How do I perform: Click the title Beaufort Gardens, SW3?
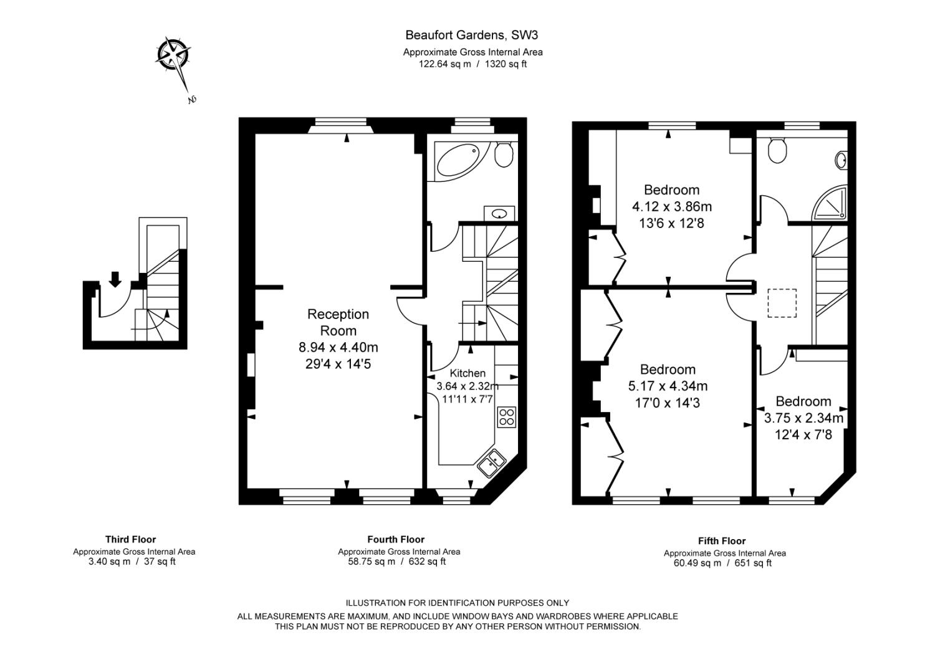(x=472, y=35)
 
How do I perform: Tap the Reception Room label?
(x=338, y=322)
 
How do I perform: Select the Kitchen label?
(x=467, y=373)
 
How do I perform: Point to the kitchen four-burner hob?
(x=507, y=416)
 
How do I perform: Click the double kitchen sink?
(x=492, y=462)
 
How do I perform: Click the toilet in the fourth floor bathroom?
(x=504, y=154)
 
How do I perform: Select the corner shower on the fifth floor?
(x=830, y=203)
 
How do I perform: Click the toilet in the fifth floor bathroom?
(x=777, y=150)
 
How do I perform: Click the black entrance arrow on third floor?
(x=115, y=279)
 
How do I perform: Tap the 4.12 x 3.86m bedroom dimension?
(x=671, y=207)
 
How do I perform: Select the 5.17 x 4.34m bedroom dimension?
(x=668, y=386)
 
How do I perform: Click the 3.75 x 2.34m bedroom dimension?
(x=803, y=418)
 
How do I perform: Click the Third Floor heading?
(x=131, y=539)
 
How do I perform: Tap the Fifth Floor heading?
(x=722, y=541)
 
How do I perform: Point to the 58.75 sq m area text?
(x=372, y=562)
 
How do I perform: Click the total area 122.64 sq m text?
(x=445, y=64)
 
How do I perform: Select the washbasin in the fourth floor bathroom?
(x=499, y=214)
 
